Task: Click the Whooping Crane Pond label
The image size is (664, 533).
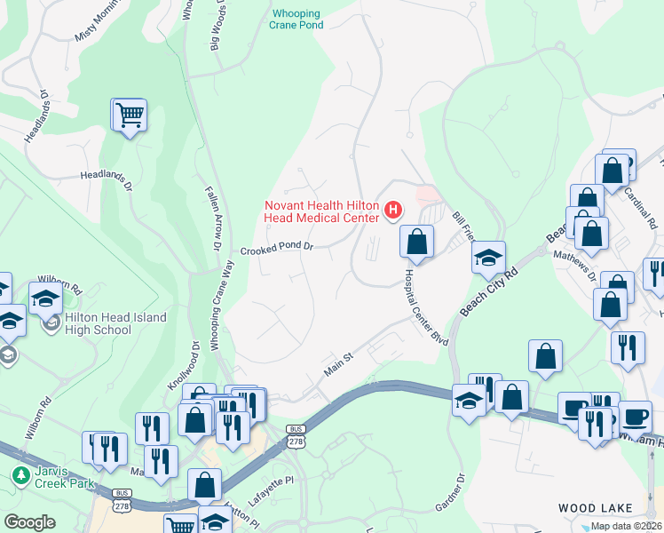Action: [296, 20]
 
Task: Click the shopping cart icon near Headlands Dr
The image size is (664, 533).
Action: [129, 115]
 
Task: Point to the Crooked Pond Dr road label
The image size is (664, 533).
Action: [276, 246]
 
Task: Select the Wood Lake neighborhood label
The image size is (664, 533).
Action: [595, 508]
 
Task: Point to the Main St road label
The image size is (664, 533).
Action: [338, 363]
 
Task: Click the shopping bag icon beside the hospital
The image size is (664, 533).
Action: [415, 241]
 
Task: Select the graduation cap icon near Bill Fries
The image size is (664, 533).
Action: [487, 258]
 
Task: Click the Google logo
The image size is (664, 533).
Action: [29, 522]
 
